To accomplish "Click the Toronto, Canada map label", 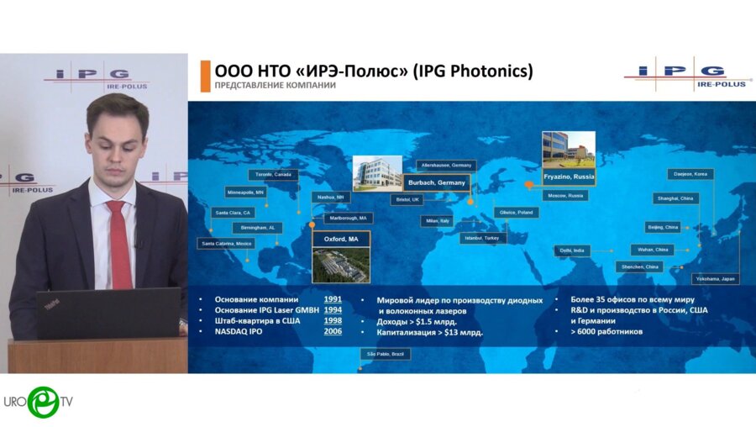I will [272, 175].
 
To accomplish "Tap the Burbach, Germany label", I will [435, 182].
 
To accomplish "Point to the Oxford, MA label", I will [340, 240].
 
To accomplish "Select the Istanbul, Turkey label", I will [482, 238].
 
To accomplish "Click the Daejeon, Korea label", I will [690, 174].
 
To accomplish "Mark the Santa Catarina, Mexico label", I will [226, 243].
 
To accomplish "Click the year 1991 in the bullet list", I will [333, 299].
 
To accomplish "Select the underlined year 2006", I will [333, 331].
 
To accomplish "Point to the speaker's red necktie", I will [120, 244].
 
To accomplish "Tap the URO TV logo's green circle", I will [43, 402].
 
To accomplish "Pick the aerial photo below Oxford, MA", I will [340, 264].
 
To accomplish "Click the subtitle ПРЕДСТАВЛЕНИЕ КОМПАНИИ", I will [275, 86].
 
